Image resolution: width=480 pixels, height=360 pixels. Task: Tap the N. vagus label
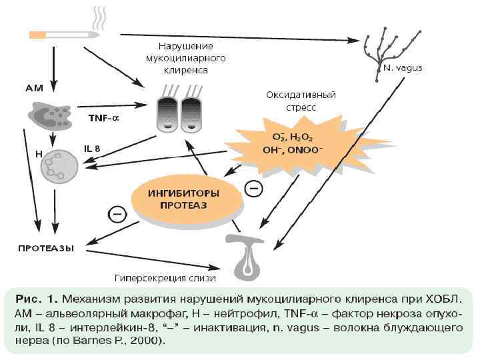(403, 68)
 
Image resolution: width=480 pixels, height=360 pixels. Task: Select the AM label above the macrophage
(34, 87)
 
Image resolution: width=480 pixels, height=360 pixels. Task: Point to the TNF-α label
(104, 118)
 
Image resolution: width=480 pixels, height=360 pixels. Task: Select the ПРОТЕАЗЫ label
(45, 248)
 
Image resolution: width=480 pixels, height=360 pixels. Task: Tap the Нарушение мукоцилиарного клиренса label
(185, 58)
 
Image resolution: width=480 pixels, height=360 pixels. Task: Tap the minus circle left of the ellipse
(117, 215)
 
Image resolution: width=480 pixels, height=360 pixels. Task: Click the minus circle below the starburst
(254, 190)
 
